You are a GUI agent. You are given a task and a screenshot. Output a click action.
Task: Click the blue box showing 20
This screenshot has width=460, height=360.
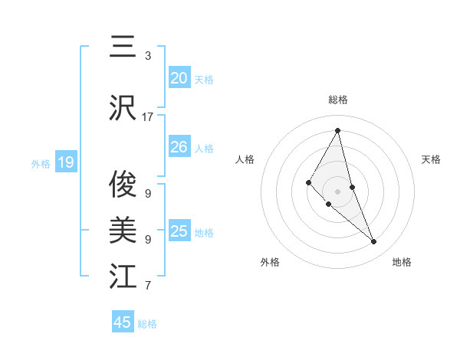[179, 77]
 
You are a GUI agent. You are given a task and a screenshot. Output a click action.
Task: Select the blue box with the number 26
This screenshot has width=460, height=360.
[179, 147]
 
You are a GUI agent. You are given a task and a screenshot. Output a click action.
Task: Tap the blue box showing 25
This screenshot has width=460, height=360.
[179, 231]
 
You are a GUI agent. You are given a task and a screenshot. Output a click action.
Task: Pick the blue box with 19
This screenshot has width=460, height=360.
[66, 162]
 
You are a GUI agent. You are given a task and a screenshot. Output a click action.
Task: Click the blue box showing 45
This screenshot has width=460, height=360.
[123, 322]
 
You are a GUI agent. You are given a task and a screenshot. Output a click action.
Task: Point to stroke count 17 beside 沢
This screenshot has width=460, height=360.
[148, 117]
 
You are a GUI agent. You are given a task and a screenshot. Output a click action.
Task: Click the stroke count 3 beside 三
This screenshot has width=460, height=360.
[148, 56]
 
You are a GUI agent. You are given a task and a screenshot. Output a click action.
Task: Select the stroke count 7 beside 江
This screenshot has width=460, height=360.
[148, 286]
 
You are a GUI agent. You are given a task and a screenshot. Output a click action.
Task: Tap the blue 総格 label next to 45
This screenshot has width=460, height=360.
[147, 324]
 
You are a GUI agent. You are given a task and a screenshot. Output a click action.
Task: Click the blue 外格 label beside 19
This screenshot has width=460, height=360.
[41, 163]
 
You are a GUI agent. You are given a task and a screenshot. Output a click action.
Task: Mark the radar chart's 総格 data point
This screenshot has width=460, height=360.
[338, 129]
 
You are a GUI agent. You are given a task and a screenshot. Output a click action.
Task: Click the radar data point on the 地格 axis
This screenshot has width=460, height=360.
[374, 242]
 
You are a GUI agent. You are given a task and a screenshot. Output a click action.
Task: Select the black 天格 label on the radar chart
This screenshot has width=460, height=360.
[432, 159]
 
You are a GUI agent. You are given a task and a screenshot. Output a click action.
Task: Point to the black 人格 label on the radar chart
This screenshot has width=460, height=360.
[245, 159]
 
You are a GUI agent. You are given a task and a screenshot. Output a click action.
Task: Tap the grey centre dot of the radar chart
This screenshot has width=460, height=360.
[338, 191]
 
